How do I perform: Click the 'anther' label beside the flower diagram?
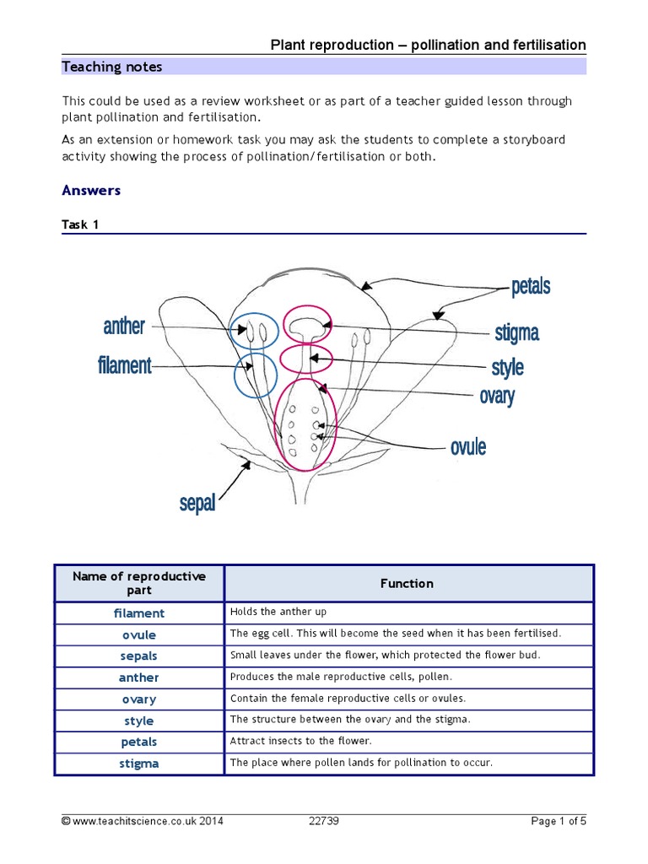point(124,327)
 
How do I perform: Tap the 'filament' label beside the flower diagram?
point(125,366)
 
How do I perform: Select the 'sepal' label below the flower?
point(197,505)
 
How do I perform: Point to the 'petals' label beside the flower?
point(531,287)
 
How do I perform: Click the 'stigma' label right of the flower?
point(516,333)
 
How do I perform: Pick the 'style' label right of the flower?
point(507,368)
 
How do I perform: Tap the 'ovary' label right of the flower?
point(497,396)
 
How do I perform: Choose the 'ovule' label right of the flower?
point(468,446)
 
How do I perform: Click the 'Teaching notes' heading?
point(112,67)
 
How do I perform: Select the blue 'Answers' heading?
point(91,191)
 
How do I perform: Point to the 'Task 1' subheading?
point(80,225)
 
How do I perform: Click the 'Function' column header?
point(407,584)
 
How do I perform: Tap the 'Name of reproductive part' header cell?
point(139,583)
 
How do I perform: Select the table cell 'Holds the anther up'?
point(278,613)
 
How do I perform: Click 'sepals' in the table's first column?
point(139,656)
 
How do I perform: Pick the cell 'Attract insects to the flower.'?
point(300,742)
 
